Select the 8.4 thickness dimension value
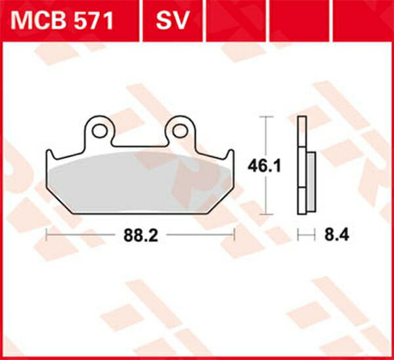coord(336,233)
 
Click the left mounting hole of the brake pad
coord(98,131)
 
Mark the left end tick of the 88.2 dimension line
coord(45,233)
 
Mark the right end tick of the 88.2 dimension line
coord(234,233)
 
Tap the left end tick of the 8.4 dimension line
coord(299,233)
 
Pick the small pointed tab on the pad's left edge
coord(49,156)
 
